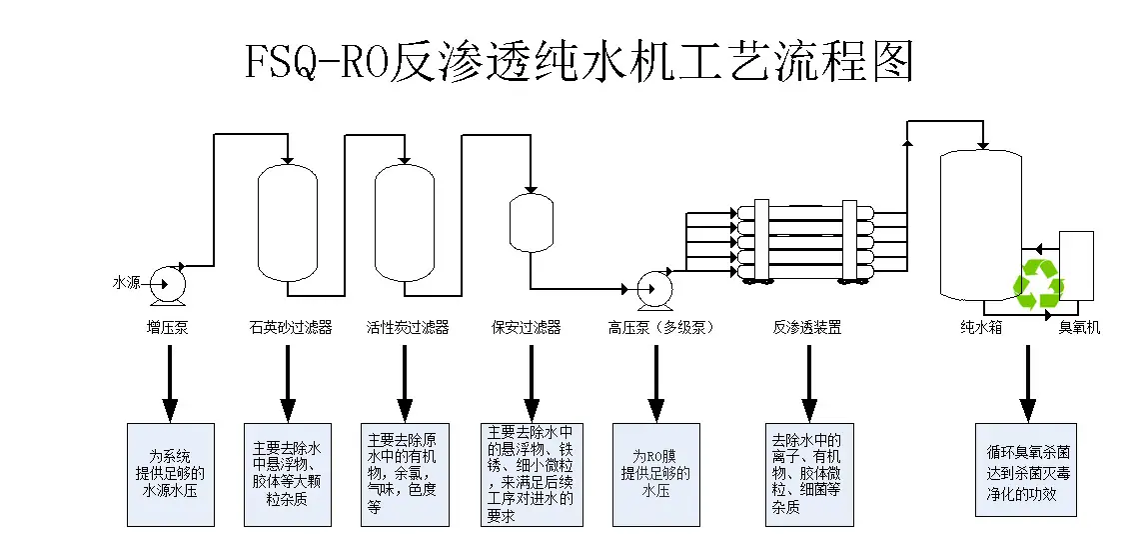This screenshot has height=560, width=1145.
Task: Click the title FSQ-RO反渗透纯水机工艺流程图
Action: point(578,61)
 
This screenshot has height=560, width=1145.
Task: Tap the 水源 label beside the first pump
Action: point(126,283)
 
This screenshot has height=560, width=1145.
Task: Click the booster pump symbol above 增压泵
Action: point(168,285)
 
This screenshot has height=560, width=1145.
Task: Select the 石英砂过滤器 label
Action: point(290,328)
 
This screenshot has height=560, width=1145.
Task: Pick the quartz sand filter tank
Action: point(288,224)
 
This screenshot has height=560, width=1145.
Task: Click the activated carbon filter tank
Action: point(405,224)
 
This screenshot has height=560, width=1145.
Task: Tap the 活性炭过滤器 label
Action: point(407,328)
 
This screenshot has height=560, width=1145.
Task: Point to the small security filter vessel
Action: point(531,223)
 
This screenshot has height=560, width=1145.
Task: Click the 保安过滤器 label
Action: point(526,328)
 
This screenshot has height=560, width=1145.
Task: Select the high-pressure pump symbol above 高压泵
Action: point(654,288)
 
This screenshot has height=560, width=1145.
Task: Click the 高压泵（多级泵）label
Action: point(660,328)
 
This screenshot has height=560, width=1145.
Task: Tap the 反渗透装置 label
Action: point(807,328)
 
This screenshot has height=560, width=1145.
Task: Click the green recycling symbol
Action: point(1039,284)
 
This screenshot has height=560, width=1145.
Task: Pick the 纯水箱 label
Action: point(981,328)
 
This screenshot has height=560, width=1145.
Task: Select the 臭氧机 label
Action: point(1079,328)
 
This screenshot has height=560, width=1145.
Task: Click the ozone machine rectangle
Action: point(1076,266)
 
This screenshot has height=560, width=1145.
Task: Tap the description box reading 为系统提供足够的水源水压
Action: point(171,474)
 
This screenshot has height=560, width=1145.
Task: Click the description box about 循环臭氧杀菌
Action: point(1026,469)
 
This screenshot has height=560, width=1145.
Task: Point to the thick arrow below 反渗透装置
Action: point(809,383)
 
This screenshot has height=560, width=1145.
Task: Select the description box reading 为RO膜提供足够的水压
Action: point(655,474)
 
